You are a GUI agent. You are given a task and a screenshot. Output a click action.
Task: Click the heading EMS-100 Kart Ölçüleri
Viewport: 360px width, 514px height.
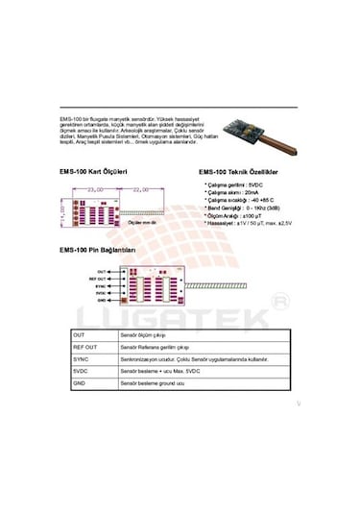94,174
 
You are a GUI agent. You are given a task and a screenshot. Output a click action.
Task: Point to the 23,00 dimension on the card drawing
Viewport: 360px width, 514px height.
95,190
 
